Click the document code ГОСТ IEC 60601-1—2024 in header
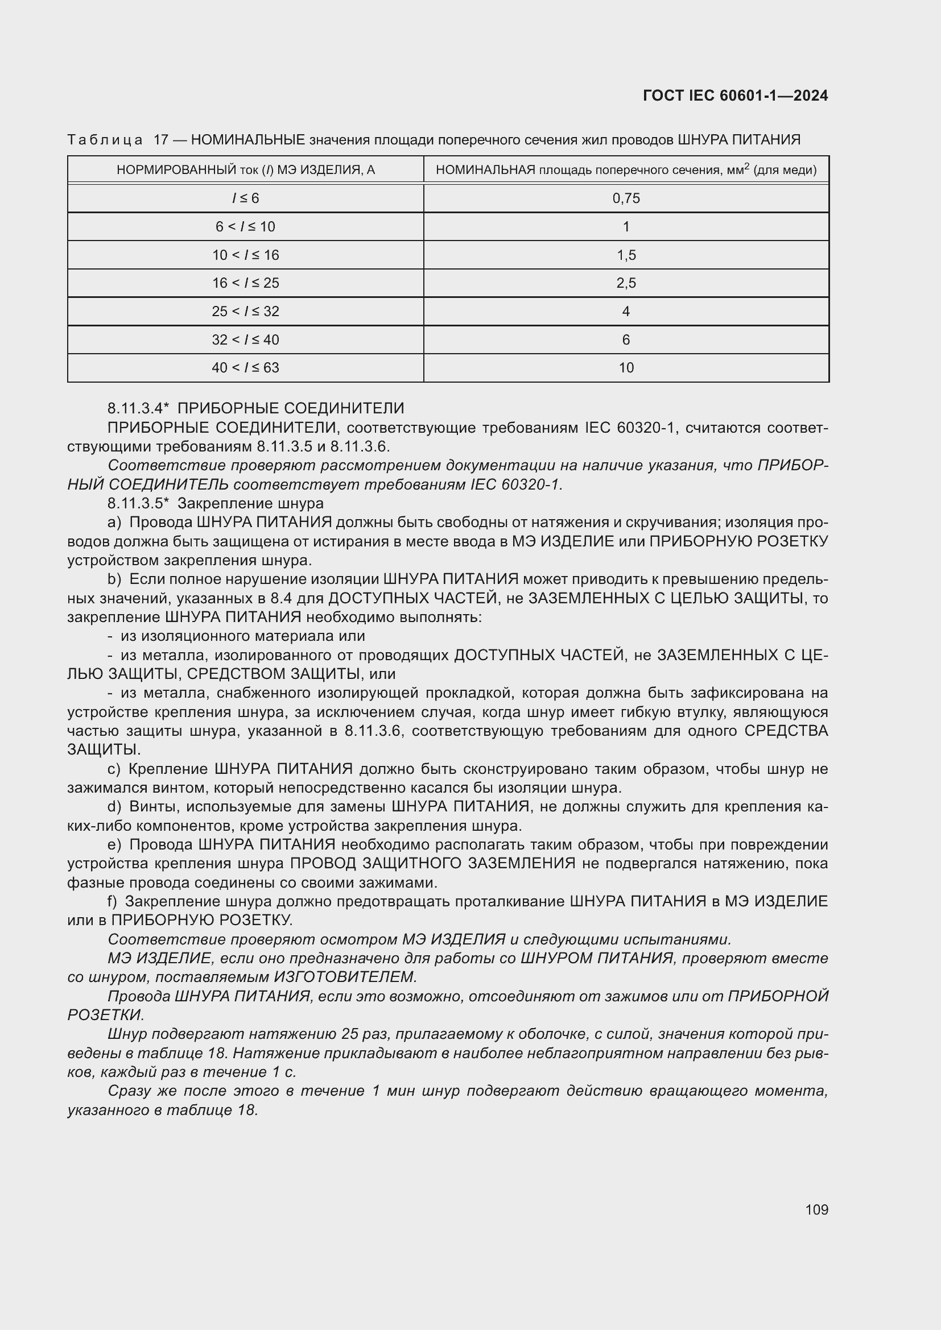(x=734, y=96)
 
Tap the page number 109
(x=816, y=1209)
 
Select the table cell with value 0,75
(x=626, y=198)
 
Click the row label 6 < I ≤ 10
(x=245, y=226)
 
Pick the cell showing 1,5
(x=626, y=255)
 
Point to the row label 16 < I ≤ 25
(x=245, y=283)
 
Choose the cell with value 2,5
(x=626, y=283)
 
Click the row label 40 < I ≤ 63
(x=245, y=367)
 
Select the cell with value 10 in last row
(x=626, y=367)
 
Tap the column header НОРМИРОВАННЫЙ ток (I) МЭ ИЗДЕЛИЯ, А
(x=246, y=169)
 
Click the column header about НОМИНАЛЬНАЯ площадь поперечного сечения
(x=626, y=169)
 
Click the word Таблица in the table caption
(x=105, y=140)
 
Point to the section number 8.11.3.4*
(x=138, y=408)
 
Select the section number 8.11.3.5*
(x=138, y=503)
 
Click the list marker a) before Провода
(x=114, y=522)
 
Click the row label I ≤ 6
(x=245, y=198)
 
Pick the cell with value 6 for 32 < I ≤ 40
(x=626, y=339)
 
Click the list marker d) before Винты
(x=114, y=806)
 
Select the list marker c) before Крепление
(x=114, y=769)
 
